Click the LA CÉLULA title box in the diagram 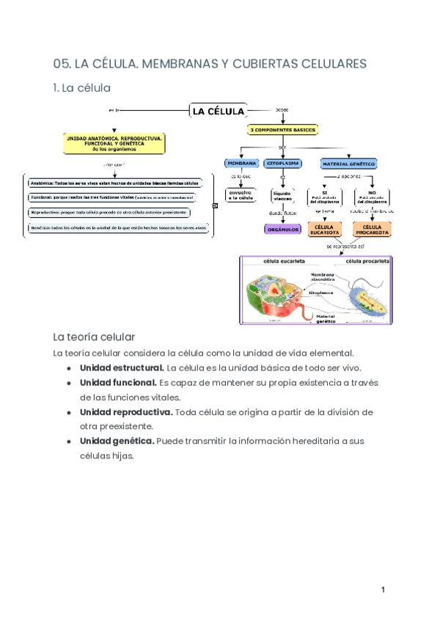coord(218,111)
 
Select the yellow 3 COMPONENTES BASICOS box coord(282,130)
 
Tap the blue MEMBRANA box coord(241,163)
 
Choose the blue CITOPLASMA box coord(282,163)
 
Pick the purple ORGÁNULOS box coord(282,229)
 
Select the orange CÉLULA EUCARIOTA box coord(325,230)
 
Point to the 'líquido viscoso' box coord(282,195)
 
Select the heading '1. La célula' coord(81,88)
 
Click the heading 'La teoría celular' coord(94,337)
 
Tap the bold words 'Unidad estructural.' coord(122,367)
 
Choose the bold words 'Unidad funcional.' coord(118,382)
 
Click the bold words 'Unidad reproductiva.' coord(126,411)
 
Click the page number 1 coord(382,590)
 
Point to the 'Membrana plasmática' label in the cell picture coord(323,277)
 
